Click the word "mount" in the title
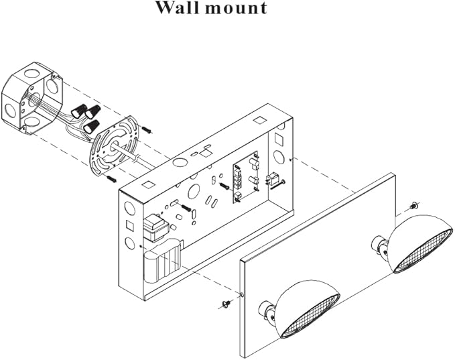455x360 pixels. pyautogui.click(x=234, y=9)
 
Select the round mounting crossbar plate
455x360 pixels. pyautogui.click(x=114, y=145)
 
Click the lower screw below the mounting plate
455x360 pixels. pyautogui.click(x=111, y=180)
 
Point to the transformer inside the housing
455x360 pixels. pyautogui.click(x=156, y=229)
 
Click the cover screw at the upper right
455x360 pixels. pyautogui.click(x=413, y=204)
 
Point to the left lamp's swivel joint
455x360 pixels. pyautogui.click(x=269, y=311)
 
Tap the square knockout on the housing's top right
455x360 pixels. pyautogui.click(x=259, y=122)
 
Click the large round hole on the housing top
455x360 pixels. pyautogui.click(x=180, y=162)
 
